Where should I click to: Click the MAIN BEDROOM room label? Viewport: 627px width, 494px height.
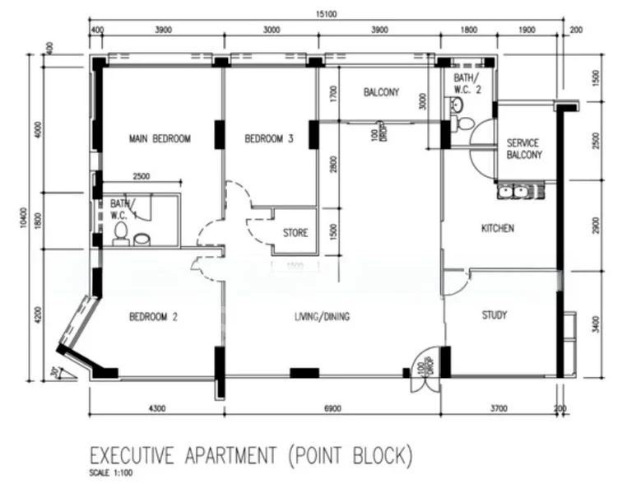tap(160, 139)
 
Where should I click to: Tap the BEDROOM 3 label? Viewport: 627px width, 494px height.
tap(268, 139)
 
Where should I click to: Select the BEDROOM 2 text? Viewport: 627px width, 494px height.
tap(154, 317)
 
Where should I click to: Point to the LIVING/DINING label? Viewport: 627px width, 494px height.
tap(322, 316)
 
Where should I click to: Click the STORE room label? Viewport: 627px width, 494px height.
tap(295, 233)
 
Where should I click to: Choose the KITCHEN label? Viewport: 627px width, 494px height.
tap(497, 228)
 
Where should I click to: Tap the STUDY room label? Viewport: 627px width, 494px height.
tap(494, 315)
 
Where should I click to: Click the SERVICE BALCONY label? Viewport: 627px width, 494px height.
tap(524, 148)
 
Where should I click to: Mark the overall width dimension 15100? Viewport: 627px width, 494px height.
tap(327, 14)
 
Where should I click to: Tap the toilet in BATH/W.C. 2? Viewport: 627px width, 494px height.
tap(465, 123)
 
